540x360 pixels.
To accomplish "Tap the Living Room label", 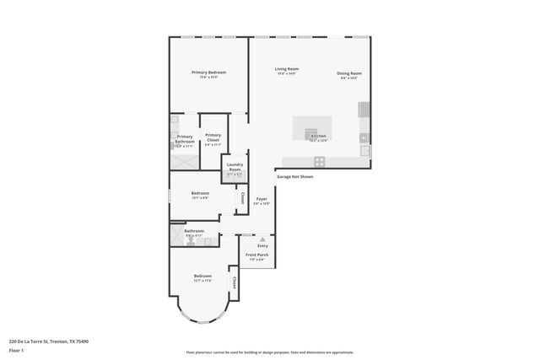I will click(287, 71).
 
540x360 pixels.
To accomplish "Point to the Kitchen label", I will click(318, 137).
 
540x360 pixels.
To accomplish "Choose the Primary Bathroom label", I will click(184, 140).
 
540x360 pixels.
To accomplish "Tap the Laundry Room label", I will click(235, 168).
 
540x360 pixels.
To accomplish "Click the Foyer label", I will click(262, 201).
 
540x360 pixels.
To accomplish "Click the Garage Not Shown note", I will click(294, 177).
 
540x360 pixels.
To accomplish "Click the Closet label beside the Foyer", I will click(243, 199).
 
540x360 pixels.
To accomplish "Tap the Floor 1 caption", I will click(17, 349).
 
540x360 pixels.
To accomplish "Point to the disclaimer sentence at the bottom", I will click(270, 352).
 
